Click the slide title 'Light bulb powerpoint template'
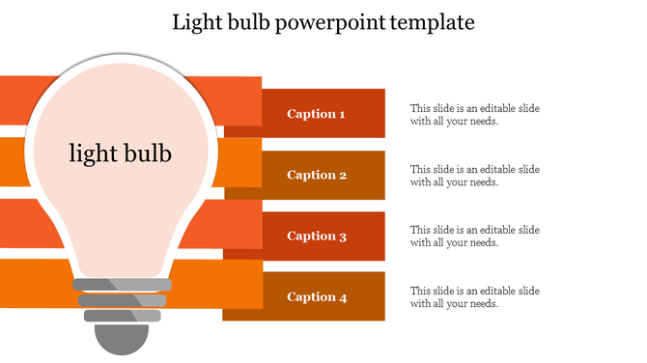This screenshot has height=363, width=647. click(323, 22)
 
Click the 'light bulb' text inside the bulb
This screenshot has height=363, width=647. click(121, 153)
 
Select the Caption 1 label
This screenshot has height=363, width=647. click(316, 114)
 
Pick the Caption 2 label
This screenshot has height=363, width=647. click(316, 175)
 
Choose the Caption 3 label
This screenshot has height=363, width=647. click(316, 236)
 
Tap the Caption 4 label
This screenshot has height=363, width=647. click(316, 296)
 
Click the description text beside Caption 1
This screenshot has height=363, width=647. click(474, 115)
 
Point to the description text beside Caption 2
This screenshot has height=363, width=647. click(474, 176)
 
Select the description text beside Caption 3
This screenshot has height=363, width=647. click(474, 237)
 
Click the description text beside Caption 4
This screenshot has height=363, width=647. click(474, 297)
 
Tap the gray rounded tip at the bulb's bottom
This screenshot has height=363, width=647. click(121, 338)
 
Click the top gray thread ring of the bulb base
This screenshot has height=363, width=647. click(121, 285)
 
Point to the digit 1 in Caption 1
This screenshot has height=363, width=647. click(342, 114)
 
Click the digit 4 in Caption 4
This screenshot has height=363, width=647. click(342, 297)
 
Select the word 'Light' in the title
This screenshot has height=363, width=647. click(195, 22)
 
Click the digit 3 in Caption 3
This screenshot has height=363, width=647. click(342, 237)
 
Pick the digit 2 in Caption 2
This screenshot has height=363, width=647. click(342, 176)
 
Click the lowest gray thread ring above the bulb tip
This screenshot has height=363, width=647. click(121, 315)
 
